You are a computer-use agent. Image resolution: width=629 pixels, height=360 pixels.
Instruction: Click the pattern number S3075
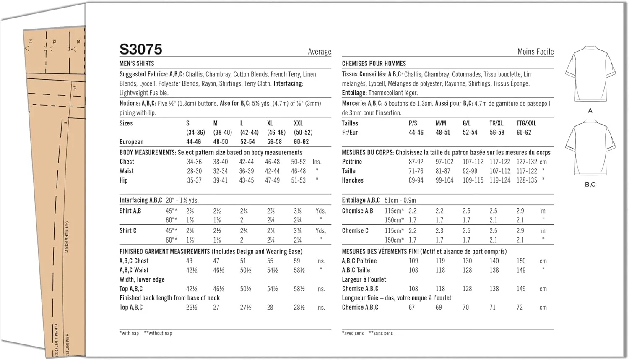coord(141,50)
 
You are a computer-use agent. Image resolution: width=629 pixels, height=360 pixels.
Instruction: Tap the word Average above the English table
coord(320,52)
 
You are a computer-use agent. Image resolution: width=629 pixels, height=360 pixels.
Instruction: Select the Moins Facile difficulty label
coord(535,52)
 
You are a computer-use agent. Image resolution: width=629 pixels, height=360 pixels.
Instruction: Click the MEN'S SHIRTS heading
coord(137,64)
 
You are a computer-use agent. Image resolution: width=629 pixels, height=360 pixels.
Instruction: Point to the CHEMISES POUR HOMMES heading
coord(374,64)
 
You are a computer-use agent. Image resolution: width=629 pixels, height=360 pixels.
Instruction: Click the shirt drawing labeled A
coord(590,74)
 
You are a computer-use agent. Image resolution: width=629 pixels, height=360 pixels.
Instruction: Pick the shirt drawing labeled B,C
coord(590,148)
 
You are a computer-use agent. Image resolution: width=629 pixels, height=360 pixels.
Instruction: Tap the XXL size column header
coord(298,123)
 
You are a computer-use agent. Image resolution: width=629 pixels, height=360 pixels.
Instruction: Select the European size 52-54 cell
coord(247,142)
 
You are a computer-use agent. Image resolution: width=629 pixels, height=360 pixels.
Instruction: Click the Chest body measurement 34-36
coord(194,162)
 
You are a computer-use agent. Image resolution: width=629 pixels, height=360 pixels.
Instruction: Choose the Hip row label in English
coord(124,180)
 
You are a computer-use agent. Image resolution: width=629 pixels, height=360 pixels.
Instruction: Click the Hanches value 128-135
coord(527,180)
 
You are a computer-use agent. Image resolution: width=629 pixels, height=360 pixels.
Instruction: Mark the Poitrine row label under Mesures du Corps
coord(352,162)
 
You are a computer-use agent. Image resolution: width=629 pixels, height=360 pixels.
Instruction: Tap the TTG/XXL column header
coord(526,123)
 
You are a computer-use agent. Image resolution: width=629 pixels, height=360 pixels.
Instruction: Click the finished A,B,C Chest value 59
coord(297,261)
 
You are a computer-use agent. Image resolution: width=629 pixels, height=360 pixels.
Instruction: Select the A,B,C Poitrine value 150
coord(521,261)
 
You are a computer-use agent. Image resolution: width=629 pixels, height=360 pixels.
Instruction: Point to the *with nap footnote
coord(129,333)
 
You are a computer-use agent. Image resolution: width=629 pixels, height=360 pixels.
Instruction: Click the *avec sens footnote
coord(353,333)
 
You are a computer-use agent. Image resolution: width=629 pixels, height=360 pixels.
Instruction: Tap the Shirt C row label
coord(128,231)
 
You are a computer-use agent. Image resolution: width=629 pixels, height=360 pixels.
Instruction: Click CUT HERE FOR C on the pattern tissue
coord(67,237)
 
